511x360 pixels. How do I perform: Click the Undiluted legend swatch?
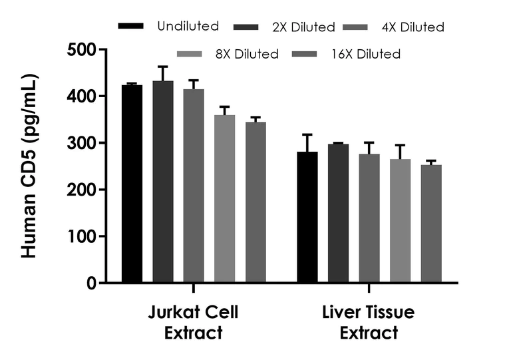131,27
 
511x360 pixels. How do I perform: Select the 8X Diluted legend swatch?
191,54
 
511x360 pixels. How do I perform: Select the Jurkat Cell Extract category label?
193,323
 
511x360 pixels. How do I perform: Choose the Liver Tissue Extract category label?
369,323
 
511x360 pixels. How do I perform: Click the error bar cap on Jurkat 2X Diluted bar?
163,67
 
